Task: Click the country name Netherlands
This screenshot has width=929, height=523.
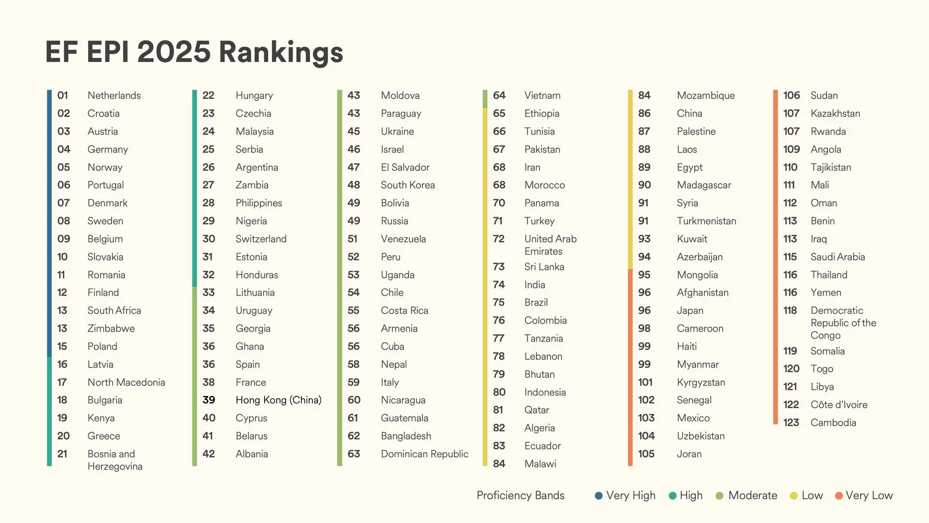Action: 114,95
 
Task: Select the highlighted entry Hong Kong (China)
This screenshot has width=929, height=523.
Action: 278,400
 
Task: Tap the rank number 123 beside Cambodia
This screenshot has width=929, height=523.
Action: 791,423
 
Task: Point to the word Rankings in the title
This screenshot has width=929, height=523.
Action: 281,52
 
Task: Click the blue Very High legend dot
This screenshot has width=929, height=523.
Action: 599,495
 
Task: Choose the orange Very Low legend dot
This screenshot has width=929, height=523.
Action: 839,495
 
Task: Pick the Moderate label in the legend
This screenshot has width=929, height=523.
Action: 752,495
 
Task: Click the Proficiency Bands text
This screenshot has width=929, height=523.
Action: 520,495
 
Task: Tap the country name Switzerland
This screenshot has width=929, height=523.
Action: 261,239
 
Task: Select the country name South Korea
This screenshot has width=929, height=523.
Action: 407,185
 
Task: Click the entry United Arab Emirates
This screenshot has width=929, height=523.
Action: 550,245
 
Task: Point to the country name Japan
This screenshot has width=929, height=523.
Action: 690,310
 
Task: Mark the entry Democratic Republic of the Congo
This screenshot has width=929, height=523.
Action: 843,323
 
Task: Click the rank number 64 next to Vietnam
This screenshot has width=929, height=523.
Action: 499,95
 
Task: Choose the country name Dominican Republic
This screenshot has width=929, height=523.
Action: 424,454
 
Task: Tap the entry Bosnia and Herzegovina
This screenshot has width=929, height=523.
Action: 115,460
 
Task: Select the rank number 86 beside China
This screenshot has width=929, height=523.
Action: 644,113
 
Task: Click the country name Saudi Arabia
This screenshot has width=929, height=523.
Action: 838,257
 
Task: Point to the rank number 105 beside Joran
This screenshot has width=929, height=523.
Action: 646,454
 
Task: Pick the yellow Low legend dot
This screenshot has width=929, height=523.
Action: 794,495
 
